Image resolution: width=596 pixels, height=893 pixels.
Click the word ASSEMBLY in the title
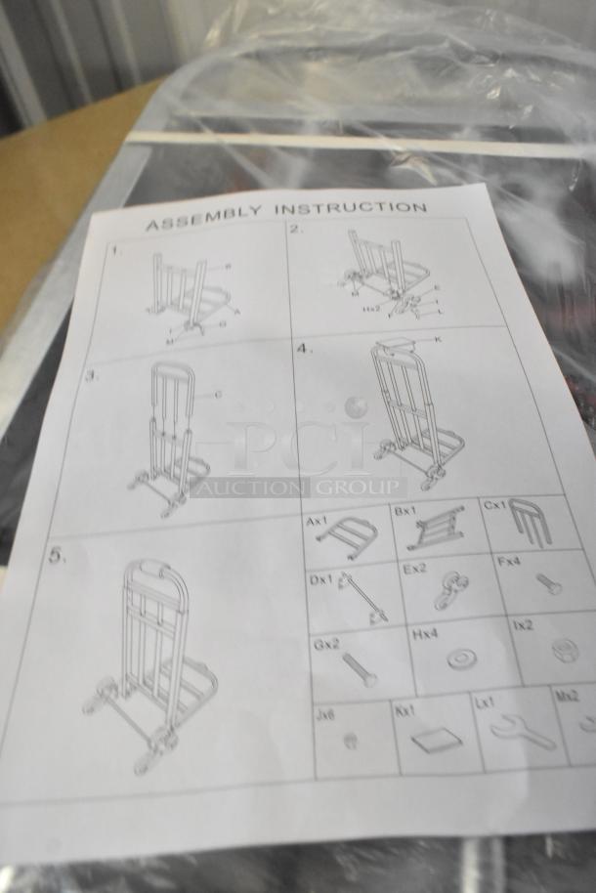202,217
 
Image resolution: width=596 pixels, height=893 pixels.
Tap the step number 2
296,231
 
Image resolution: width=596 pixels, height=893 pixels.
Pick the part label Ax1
316,522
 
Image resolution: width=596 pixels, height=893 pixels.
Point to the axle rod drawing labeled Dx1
360,598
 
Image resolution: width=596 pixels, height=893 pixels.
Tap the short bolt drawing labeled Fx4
548,584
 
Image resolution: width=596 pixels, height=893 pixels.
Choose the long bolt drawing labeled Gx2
359,669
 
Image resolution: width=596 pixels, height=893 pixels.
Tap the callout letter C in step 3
218,395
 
